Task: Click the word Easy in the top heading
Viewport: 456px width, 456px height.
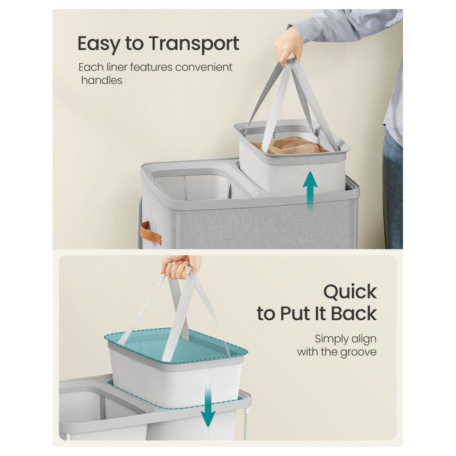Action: pos(98,44)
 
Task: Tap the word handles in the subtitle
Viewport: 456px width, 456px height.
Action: pos(102,80)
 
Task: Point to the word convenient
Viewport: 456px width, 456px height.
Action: pos(203,67)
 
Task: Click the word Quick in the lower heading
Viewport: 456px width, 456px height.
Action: pos(350,292)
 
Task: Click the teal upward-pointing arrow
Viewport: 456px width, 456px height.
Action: pos(310,190)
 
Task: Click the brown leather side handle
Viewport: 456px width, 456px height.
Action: pos(150,233)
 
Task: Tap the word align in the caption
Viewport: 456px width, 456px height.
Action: pos(364,339)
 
